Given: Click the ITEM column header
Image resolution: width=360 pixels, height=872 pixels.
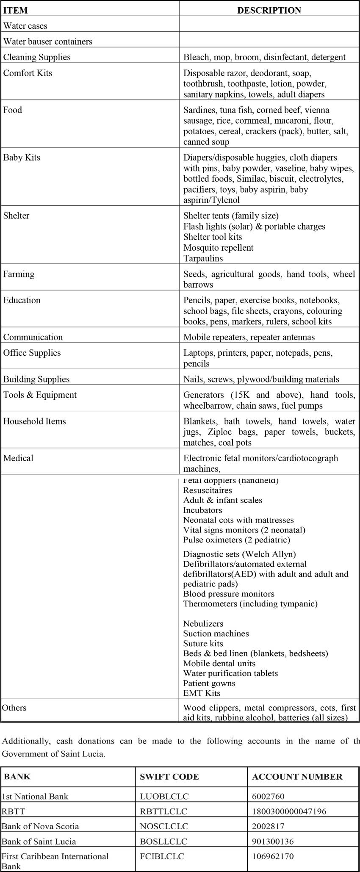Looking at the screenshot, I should (x=15, y=10).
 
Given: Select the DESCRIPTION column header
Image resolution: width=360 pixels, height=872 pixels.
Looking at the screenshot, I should (x=269, y=10).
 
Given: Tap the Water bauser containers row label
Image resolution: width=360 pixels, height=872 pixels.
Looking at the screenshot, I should (x=47, y=42).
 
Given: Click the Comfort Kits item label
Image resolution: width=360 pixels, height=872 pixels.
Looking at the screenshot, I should (x=28, y=73).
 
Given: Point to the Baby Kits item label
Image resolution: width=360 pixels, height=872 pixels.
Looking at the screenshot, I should (x=22, y=158).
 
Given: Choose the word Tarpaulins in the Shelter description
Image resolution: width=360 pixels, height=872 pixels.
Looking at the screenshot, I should (x=203, y=258).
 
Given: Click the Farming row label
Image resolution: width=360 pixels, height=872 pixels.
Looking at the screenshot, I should (x=19, y=274).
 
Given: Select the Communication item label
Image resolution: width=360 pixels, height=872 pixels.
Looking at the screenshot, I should (x=33, y=337).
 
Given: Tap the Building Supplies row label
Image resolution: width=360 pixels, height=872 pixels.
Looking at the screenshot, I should (x=36, y=379).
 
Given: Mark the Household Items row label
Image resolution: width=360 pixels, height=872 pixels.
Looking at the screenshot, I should (x=35, y=421).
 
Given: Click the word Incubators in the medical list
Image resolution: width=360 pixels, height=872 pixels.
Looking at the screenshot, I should (x=202, y=510).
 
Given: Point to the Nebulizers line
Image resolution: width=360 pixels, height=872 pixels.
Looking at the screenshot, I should (x=203, y=623).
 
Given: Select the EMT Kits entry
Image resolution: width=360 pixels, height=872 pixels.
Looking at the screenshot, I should (x=202, y=693).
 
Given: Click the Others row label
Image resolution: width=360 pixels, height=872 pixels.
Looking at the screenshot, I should (x=14, y=708).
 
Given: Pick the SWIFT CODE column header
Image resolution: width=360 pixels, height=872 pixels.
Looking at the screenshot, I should (x=169, y=777).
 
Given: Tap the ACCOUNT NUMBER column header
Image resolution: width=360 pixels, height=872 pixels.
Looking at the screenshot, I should (x=297, y=777).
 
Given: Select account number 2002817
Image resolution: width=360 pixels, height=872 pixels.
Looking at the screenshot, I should (x=268, y=826).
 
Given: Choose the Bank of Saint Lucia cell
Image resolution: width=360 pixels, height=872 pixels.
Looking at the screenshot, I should (x=35, y=841).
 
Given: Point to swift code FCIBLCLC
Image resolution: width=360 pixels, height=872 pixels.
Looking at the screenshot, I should (x=162, y=856).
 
